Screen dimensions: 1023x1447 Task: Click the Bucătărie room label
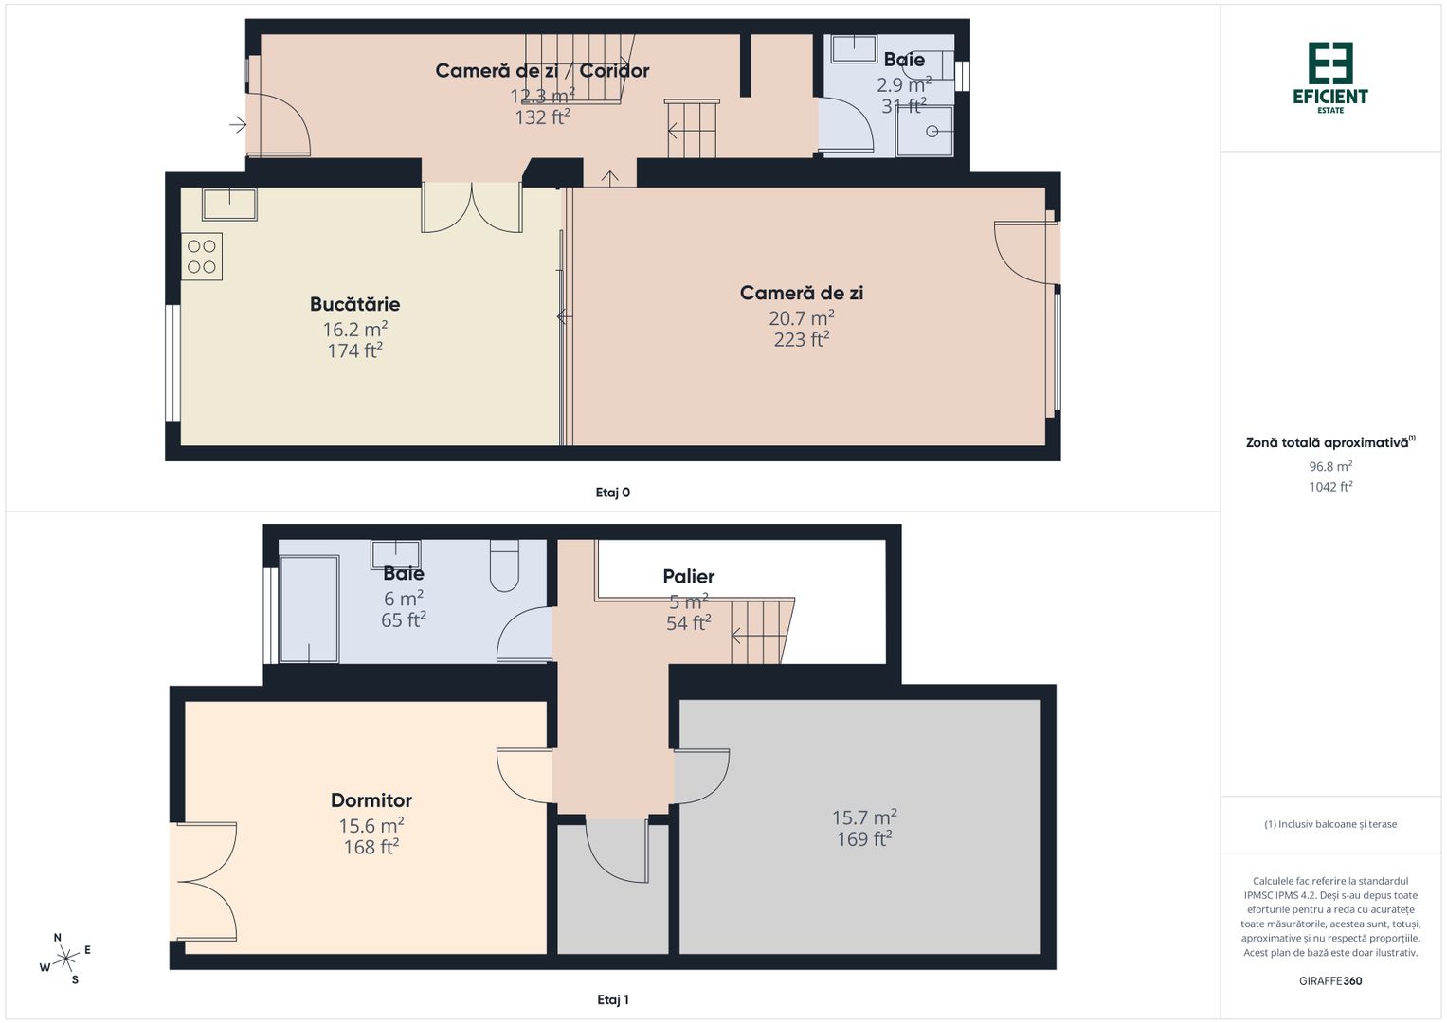click(354, 304)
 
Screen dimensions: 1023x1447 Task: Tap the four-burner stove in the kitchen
click(202, 256)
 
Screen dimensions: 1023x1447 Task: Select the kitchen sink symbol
click(228, 204)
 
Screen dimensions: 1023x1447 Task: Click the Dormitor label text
click(371, 800)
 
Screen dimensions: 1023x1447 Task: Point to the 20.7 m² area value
click(801, 318)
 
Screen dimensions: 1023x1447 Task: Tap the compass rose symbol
click(64, 960)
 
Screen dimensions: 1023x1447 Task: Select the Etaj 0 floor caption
click(612, 493)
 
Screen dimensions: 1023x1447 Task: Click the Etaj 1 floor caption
click(613, 999)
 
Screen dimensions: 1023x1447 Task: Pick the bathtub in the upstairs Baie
click(309, 609)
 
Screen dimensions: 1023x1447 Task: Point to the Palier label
click(689, 577)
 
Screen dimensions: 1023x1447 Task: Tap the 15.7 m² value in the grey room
click(864, 817)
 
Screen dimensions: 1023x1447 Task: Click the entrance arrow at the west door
click(238, 124)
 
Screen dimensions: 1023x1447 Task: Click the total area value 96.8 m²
click(1330, 466)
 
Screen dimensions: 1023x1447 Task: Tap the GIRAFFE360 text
click(1330, 981)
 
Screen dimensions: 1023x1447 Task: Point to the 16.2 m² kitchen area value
click(354, 329)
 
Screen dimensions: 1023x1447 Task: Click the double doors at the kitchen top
click(472, 207)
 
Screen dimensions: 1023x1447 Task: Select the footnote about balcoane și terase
click(1330, 824)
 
